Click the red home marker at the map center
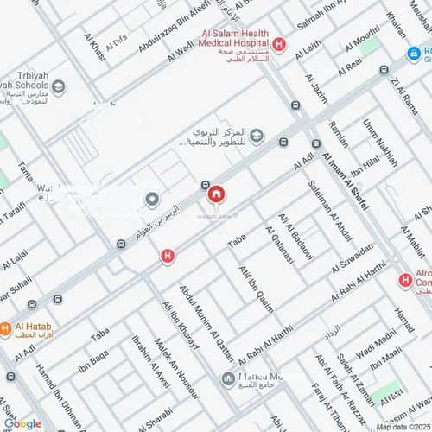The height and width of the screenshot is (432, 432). [x=215, y=195]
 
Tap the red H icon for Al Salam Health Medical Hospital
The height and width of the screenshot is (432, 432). [x=278, y=44]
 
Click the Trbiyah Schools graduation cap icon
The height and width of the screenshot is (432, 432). [x=58, y=86]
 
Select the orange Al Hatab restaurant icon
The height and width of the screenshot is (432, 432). [x=6, y=328]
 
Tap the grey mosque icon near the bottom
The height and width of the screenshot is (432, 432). [x=228, y=378]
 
